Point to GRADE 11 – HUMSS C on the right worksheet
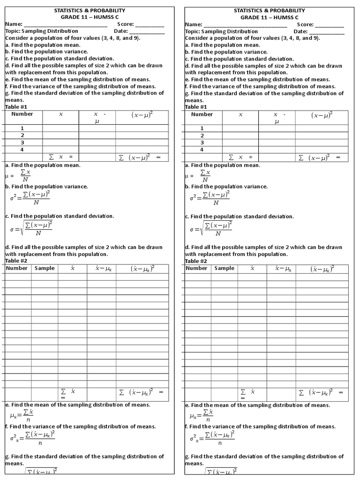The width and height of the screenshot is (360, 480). (270, 17)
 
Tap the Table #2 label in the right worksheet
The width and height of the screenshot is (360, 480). (196, 261)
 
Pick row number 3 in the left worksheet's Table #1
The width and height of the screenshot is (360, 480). (22, 142)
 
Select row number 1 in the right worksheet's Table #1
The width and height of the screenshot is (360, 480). (202, 128)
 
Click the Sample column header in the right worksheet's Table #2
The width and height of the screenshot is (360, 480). (224, 268)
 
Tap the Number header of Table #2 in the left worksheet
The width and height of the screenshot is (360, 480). (17, 268)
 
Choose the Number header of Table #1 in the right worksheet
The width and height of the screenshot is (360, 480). (202, 114)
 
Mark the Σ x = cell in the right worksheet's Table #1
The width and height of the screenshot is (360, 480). (240, 157)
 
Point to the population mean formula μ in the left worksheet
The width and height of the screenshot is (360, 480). (20, 176)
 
